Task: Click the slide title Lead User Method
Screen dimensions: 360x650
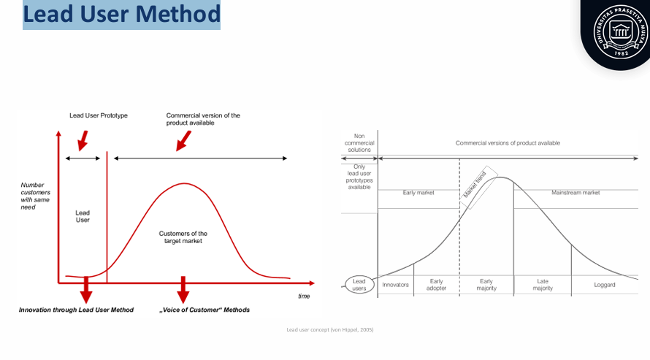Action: coord(121,15)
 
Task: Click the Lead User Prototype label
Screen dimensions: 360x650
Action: coord(99,115)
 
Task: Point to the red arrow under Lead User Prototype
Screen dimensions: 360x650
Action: coord(83,139)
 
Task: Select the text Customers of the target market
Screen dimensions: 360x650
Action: coord(183,237)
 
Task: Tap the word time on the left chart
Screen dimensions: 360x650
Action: coord(304,296)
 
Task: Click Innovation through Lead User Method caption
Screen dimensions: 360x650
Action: coord(76,310)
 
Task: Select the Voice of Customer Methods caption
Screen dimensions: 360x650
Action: coord(204,310)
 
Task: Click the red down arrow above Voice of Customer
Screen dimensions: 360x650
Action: coord(183,289)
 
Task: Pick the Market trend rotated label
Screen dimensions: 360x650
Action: coord(475,186)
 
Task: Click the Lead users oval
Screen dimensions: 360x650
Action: coord(359,285)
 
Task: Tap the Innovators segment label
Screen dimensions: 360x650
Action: coord(395,285)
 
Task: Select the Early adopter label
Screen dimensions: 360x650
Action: coord(436,285)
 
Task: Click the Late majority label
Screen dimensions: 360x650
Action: coord(542,285)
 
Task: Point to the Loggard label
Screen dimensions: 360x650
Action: coord(605,285)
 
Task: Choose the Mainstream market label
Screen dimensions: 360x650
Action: coord(576,193)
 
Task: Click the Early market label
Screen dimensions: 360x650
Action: coord(418,193)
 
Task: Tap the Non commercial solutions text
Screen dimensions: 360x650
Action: coord(359,142)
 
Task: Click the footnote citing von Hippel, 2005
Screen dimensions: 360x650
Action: coord(330,330)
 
